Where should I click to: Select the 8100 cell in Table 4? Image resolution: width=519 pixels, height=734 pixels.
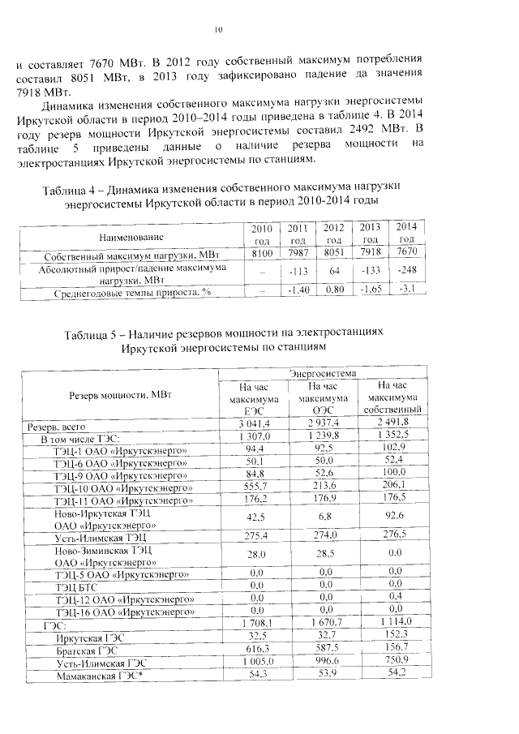pos(261,254)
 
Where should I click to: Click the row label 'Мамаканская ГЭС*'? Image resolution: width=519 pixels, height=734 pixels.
pos(99,676)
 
